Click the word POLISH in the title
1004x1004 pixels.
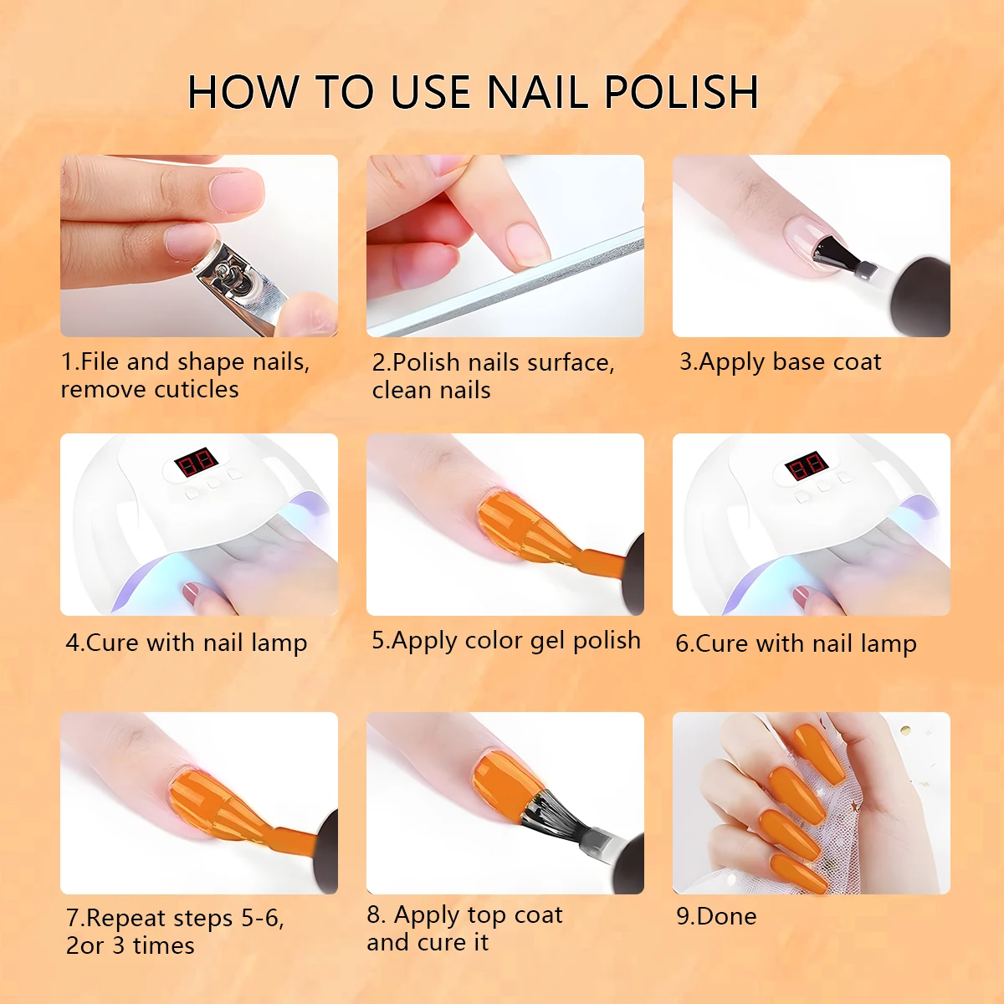tap(680, 92)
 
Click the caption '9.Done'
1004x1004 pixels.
tap(716, 916)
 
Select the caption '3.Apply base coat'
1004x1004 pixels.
tap(780, 362)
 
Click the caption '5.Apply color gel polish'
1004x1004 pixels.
tap(505, 641)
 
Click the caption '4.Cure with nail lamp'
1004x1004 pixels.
tap(187, 643)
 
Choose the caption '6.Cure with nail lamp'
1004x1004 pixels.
tap(796, 643)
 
